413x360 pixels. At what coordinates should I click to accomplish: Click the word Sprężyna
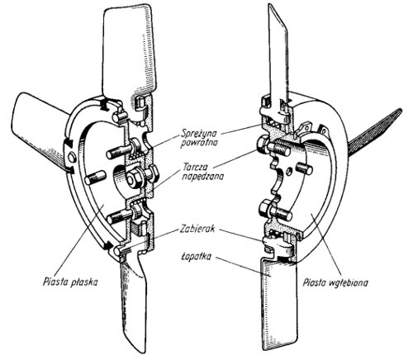pyautogui.click(x=199, y=134)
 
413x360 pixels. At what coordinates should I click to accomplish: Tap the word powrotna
pyautogui.click(x=199, y=143)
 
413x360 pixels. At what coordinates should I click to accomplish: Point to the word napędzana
pyautogui.click(x=202, y=177)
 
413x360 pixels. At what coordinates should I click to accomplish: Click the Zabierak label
pyautogui.click(x=197, y=229)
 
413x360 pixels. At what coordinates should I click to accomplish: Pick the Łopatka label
pyautogui.click(x=196, y=257)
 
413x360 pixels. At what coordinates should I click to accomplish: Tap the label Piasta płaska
pyautogui.click(x=70, y=282)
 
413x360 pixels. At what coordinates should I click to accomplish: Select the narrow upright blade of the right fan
pyautogui.click(x=278, y=55)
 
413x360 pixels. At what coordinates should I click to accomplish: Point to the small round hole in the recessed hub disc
pyautogui.click(x=288, y=172)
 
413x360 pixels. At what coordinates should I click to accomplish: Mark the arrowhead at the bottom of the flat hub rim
pyautogui.click(x=107, y=244)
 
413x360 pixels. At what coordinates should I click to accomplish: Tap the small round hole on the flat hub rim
pyautogui.click(x=72, y=158)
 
